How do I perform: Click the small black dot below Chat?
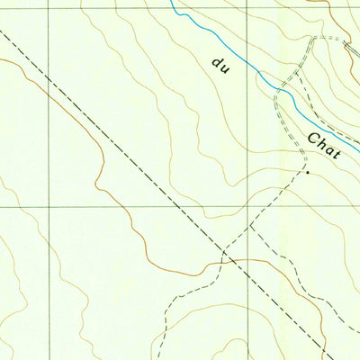click(x=307, y=171)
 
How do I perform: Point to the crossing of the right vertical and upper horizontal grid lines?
click(x=248, y=9)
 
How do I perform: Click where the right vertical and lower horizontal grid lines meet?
click(x=248, y=206)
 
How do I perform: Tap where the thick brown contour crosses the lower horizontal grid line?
click(x=118, y=206)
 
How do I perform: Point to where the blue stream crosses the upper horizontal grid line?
click(x=176, y=9)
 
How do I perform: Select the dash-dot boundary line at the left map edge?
click(x=2, y=30)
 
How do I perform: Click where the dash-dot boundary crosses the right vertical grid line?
click(x=248, y=275)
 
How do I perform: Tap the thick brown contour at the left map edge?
click(x=2, y=60)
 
